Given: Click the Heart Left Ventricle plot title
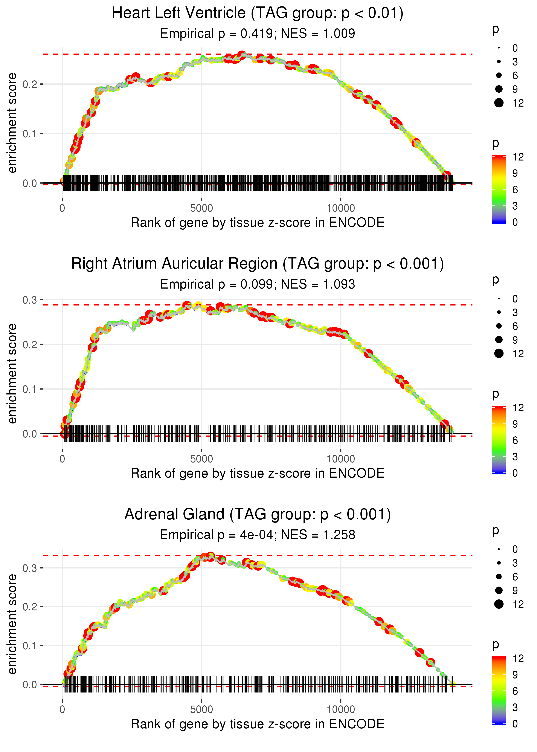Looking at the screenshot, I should tap(257, 13).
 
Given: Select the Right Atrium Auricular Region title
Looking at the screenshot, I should tap(257, 264).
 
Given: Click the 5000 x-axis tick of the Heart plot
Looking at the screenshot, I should tap(201, 208).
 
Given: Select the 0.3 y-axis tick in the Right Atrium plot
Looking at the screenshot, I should tap(30, 300).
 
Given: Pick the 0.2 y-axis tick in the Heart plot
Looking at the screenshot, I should tap(30, 84).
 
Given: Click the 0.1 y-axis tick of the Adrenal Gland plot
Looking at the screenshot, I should tap(30, 645).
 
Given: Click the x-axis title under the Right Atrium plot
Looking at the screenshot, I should tap(257, 473).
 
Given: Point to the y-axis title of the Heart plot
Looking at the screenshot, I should tap(12, 123).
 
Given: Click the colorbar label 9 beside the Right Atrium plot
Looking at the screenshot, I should tap(515, 424).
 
